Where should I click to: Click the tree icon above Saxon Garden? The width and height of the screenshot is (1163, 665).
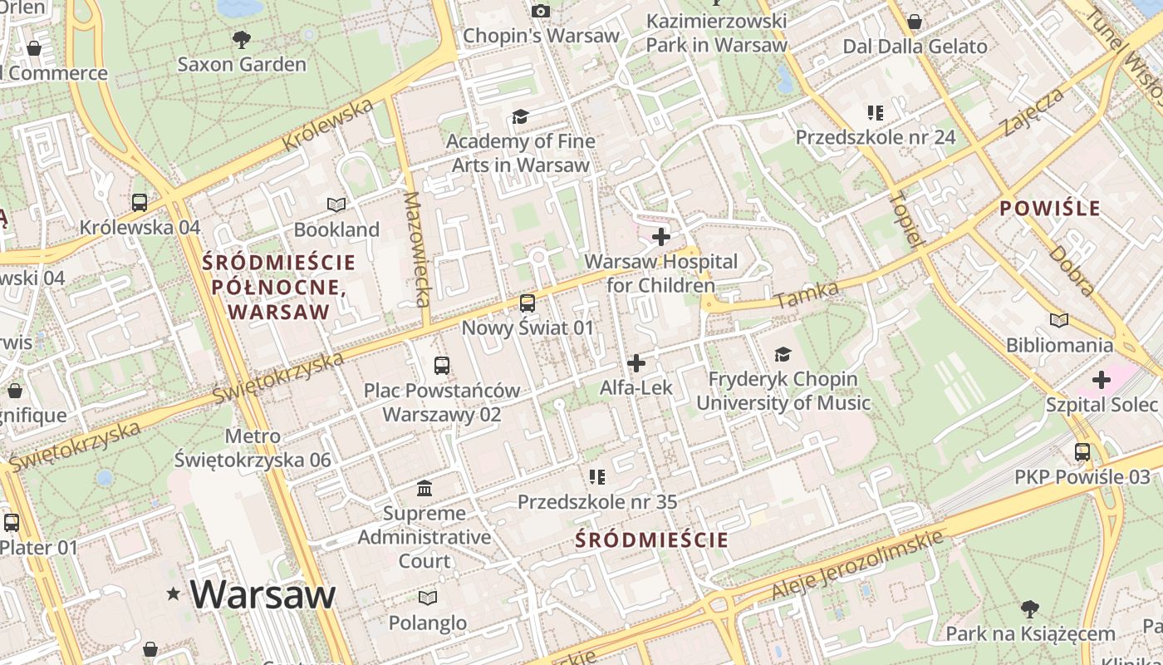point(242,38)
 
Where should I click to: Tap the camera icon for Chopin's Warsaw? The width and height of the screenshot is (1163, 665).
point(541,11)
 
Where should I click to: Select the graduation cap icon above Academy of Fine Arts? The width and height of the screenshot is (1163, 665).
point(521,116)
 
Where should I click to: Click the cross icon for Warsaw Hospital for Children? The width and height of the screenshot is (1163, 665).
point(661,237)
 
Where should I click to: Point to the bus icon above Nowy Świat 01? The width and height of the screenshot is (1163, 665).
point(528,303)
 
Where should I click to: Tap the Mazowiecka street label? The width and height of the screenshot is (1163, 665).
point(417,249)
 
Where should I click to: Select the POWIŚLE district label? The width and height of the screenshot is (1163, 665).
point(1050,208)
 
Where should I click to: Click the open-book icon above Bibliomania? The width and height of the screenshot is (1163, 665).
point(1059,320)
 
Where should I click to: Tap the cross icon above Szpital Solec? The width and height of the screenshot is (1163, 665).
point(1102,380)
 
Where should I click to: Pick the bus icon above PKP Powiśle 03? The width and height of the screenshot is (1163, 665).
point(1082,452)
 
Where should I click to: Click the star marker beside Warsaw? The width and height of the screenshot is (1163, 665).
point(174,594)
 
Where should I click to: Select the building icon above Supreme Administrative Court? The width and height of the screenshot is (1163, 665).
point(424,488)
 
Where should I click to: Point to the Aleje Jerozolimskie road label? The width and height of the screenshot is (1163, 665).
point(858,564)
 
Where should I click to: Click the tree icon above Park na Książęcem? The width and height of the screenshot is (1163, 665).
point(1030,609)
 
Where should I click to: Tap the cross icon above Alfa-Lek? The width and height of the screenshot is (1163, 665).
point(636,363)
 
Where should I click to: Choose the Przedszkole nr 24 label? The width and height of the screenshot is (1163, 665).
point(876,137)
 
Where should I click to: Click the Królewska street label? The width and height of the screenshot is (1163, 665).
point(327,126)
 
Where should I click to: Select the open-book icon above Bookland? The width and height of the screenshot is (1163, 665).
point(336,204)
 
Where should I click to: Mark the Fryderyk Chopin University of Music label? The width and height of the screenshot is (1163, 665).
point(783,391)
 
